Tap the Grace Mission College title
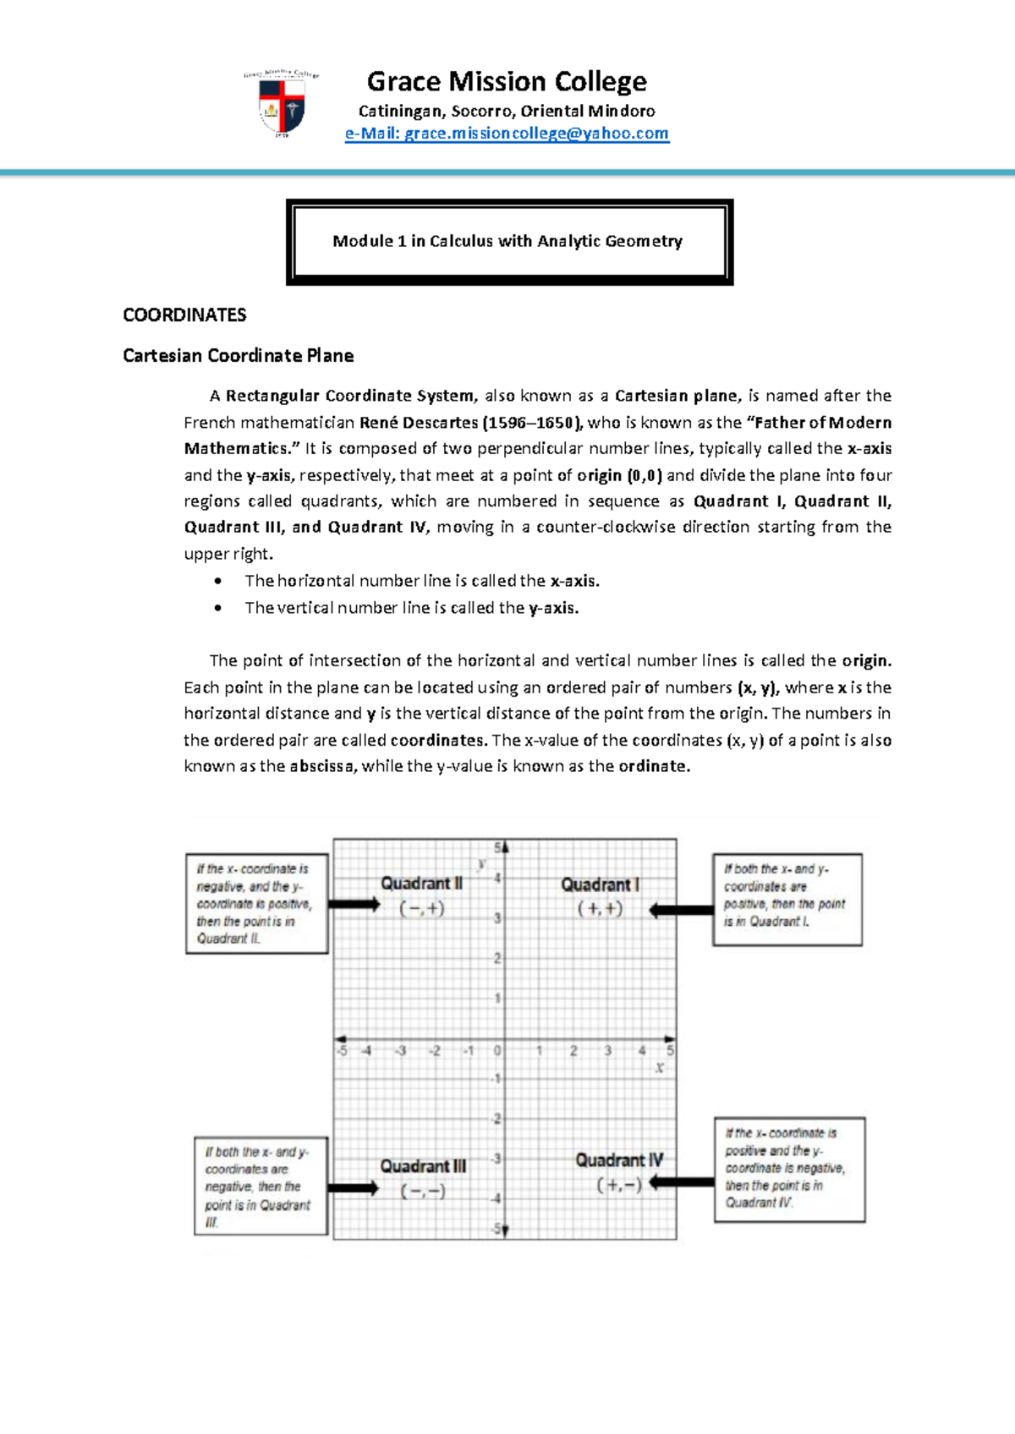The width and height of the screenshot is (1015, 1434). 507,81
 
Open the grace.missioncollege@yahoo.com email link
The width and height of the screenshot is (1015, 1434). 507,134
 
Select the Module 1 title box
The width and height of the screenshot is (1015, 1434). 509,242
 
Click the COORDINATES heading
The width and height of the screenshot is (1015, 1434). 184,315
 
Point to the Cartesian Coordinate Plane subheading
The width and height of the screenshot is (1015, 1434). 238,356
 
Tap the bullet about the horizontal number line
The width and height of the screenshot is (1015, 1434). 421,581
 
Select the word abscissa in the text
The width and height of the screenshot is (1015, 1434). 323,767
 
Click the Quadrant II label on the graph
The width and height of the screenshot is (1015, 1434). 421,884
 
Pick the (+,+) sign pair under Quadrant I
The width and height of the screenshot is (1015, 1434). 600,909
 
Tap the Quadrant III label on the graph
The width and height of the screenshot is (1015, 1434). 422,1167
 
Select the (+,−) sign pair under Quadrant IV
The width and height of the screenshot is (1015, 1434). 619,1185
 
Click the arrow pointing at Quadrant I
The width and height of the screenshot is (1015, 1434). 682,911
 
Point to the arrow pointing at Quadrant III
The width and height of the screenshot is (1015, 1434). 354,1188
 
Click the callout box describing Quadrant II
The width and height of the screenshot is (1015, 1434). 256,904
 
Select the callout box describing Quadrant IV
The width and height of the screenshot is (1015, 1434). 789,1169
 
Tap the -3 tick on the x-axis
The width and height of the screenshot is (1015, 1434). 401,1051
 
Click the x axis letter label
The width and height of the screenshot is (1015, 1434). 659,1068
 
